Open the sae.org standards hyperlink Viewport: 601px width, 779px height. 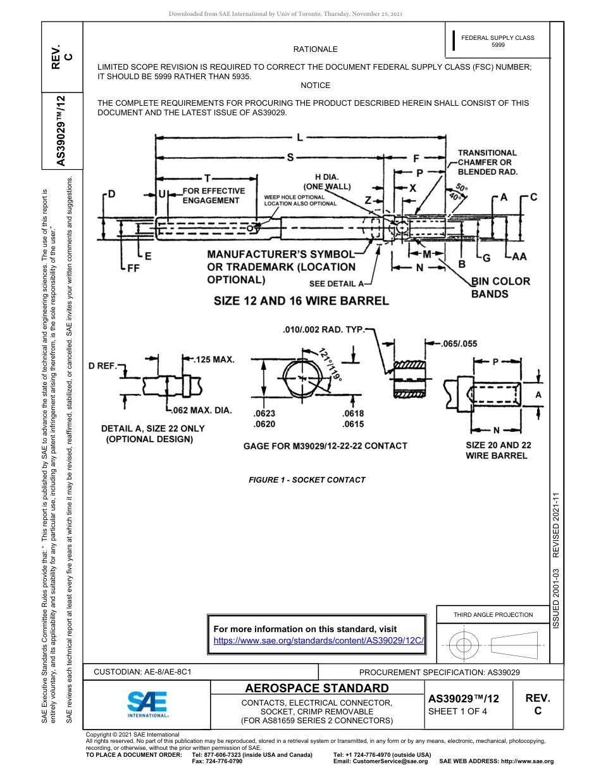pos(318,640)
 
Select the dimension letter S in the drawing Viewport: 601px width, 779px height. pos(290,158)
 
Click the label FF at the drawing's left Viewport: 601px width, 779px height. pos(133,269)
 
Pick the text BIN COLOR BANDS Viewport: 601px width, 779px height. pos(500,287)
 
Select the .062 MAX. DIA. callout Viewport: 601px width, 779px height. pos(203,410)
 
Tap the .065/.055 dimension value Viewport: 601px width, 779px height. pos(459,344)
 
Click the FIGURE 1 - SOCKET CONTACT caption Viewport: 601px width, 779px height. pos(307,480)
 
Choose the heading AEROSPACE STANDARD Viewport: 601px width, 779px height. pos(317,688)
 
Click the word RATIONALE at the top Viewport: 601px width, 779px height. pos(315,49)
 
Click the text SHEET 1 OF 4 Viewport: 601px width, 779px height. pos(457,711)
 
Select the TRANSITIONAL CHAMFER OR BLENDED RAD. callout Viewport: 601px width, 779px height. pos(487,162)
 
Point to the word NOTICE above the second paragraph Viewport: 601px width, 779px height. pos(315,85)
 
